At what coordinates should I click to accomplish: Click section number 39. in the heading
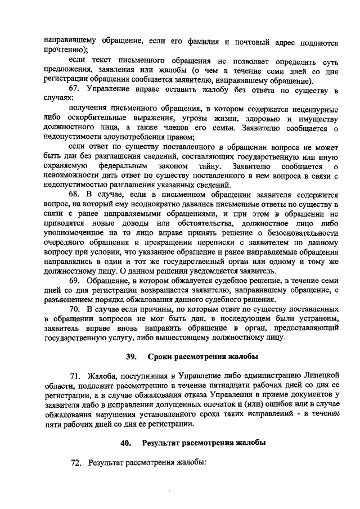(x=132, y=357)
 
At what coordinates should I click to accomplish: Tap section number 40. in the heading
(x=128, y=443)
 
